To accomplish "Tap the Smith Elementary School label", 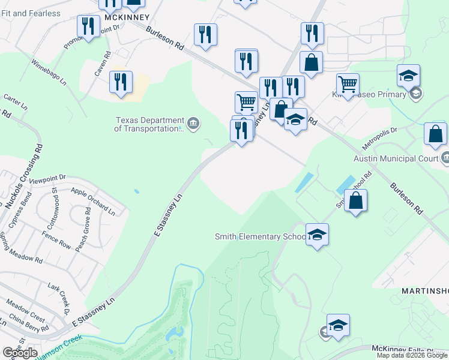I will coord(261,236).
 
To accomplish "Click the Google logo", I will coord(19,353).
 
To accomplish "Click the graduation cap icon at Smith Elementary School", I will coord(317,234).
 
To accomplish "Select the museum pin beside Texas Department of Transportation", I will coord(193,124).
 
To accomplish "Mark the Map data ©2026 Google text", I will coord(412,355).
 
